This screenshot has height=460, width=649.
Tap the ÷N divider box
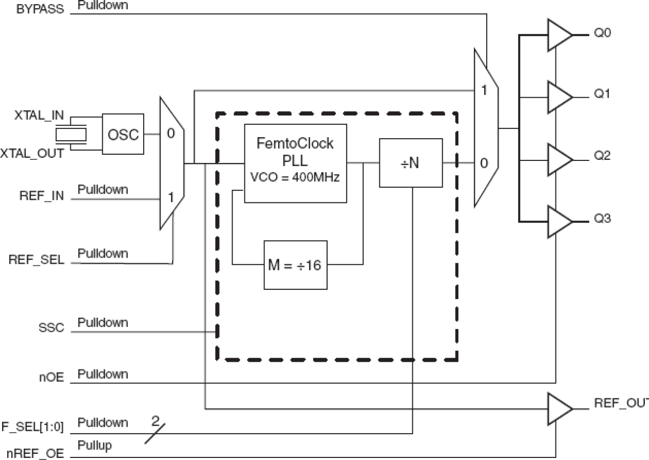(x=411, y=162)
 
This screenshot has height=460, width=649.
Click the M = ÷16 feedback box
(x=296, y=265)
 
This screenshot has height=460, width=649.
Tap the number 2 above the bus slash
(x=153, y=420)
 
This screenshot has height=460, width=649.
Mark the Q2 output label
(x=602, y=155)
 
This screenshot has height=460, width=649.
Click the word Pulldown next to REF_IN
(x=103, y=189)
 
